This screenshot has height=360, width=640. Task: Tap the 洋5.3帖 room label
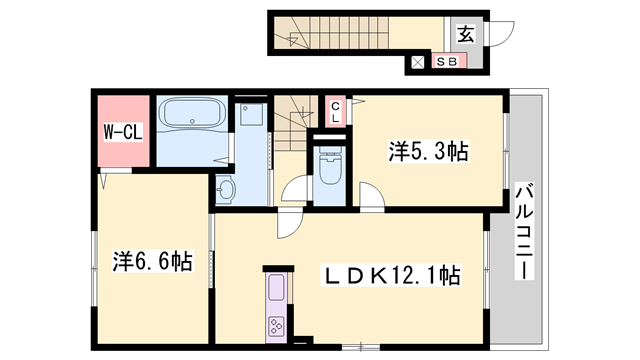429,152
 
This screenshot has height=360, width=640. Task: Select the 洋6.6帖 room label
152,263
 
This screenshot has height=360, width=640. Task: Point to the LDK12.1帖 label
389,274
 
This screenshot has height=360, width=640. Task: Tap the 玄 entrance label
466,33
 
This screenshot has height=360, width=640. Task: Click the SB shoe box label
445,62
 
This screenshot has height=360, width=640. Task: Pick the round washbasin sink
226,188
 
